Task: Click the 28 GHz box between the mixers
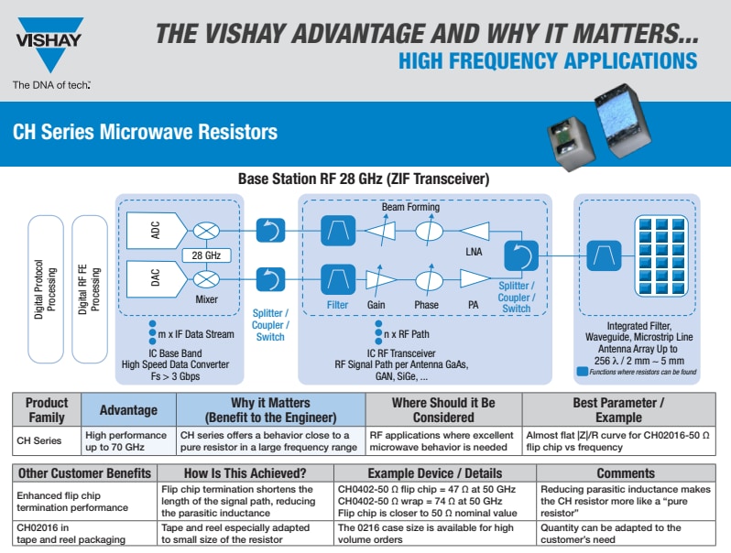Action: pos(205,255)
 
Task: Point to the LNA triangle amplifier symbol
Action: pos(475,230)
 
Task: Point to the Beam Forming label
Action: pos(410,208)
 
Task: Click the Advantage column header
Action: pos(129,410)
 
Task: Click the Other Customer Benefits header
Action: pos(82,473)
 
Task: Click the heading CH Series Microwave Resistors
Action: pos(145,132)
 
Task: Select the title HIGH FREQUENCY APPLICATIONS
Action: pos(548,61)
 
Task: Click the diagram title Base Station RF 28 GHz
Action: pos(364,179)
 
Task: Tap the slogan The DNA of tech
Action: pos(50,85)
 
